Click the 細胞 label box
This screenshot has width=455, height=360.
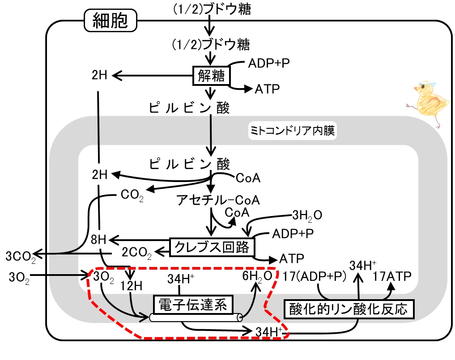click(110, 20)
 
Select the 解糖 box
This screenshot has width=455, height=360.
click(211, 76)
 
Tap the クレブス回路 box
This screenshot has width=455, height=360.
click(212, 247)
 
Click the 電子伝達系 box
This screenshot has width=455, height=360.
click(193, 305)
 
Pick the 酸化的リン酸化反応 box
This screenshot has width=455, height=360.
click(349, 309)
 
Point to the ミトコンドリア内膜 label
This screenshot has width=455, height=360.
click(293, 130)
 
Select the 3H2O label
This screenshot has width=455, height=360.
click(307, 216)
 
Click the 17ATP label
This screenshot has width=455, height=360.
click(392, 276)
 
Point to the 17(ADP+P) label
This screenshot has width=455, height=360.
click(314, 276)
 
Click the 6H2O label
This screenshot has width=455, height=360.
click(257, 276)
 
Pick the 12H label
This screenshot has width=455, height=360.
click(131, 286)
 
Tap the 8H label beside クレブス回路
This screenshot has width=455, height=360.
click(99, 240)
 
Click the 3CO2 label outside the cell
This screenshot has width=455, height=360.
click(21, 257)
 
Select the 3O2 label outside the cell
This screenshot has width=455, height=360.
click(19, 278)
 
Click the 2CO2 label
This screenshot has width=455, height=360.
click(136, 253)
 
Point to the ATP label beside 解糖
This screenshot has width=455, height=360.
click(267, 89)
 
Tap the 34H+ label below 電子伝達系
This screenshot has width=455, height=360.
click(269, 331)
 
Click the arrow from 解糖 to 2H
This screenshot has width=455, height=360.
click(153, 76)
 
